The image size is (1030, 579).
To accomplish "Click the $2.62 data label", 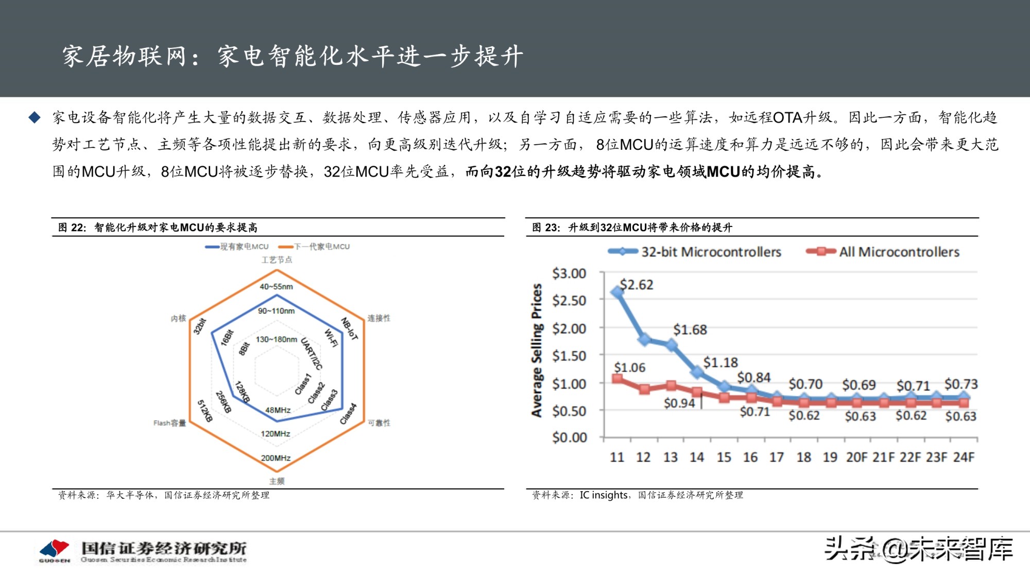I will tap(636, 285).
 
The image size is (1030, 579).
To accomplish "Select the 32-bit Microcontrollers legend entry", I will tap(695, 252).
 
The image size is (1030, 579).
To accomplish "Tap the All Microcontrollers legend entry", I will tap(883, 252).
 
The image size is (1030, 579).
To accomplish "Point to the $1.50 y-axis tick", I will tap(569, 356).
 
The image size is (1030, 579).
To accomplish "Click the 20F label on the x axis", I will tap(856, 457).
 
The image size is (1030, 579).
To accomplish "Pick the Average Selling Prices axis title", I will tap(537, 350).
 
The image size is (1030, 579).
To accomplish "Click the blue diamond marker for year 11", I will tap(617, 292).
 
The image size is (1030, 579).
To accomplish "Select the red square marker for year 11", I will tap(617, 379).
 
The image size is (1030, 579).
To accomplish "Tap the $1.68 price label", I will tap(690, 329).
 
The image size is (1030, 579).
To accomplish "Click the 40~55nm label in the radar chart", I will tap(276, 287).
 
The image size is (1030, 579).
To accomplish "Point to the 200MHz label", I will tap(276, 458).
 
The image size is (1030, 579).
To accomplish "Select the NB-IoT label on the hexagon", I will tap(349, 328).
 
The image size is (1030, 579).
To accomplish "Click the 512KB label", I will tap(205, 411).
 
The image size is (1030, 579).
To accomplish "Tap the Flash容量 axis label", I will tap(169, 423).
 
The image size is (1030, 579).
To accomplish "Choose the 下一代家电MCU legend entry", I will tap(314, 247).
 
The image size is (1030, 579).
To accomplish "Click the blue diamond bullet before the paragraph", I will tap(35, 117).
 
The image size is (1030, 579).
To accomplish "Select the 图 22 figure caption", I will tap(157, 227).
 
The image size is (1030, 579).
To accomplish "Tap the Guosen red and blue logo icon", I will tap(54, 549).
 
